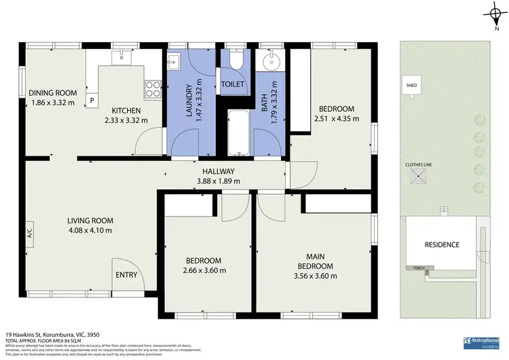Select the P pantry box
pos(92,100)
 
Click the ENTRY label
pos(126,275)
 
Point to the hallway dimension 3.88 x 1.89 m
pos(218,181)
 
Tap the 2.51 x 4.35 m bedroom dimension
pos(337,119)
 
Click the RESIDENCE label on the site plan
pos(442,245)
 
